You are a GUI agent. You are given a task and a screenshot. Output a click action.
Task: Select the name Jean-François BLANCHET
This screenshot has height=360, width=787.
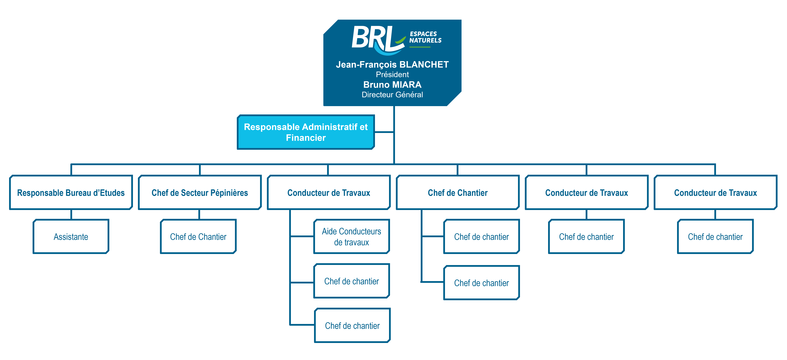(392, 65)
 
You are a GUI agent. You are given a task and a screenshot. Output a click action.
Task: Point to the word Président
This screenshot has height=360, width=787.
(392, 75)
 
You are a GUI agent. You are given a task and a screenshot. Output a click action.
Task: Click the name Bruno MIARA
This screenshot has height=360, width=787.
(392, 85)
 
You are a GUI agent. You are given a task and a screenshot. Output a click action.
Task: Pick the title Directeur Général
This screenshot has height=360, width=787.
(392, 95)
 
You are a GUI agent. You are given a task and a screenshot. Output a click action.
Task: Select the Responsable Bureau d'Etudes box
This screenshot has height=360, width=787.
(71, 193)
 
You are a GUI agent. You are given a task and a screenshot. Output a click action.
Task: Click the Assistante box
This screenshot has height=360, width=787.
(71, 237)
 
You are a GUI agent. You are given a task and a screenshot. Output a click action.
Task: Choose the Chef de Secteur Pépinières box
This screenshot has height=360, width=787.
(200, 193)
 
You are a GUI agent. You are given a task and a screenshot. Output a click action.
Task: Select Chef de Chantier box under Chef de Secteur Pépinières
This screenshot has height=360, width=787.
(198, 237)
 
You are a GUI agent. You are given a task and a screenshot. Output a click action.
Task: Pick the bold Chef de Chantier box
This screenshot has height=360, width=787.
(458, 193)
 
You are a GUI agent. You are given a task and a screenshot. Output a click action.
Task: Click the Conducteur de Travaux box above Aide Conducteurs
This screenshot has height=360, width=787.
(329, 193)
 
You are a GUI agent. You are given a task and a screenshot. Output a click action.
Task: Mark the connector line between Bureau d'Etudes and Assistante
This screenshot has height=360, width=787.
(71, 214)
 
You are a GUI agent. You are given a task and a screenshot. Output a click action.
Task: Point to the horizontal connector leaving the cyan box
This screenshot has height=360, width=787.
(384, 132)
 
